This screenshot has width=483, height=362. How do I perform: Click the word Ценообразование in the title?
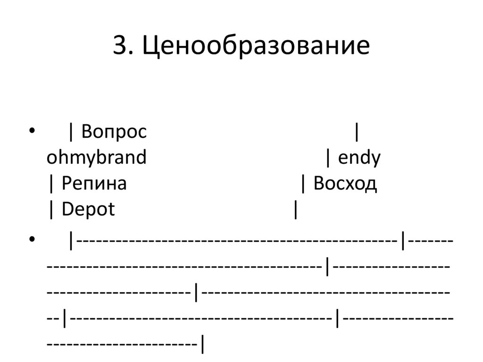(257, 46)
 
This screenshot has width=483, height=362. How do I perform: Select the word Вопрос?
(114, 132)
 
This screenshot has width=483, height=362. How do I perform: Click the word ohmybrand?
(96, 158)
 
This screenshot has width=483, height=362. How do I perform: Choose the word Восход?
(345, 184)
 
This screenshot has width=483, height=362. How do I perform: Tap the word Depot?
(88, 210)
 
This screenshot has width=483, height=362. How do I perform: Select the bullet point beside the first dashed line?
(32, 239)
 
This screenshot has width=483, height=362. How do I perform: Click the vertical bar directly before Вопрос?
(71, 133)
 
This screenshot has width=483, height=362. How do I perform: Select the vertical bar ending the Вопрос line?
(357, 133)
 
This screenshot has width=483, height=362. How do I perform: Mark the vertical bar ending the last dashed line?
(202, 344)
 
